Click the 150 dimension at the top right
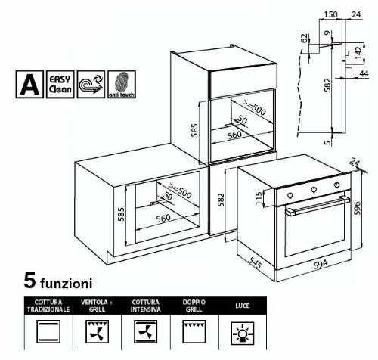click(x=330, y=14)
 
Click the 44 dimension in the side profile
click(x=363, y=73)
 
